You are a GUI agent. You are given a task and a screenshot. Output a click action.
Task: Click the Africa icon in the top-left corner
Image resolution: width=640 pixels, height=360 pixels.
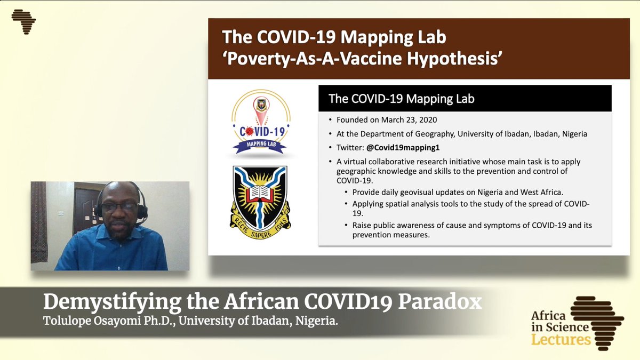point(23,22)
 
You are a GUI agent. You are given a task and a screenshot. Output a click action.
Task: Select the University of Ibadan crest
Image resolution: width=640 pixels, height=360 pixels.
point(260,202)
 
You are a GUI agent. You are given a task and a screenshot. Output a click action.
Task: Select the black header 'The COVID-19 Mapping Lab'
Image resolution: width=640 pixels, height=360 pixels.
point(401,98)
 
